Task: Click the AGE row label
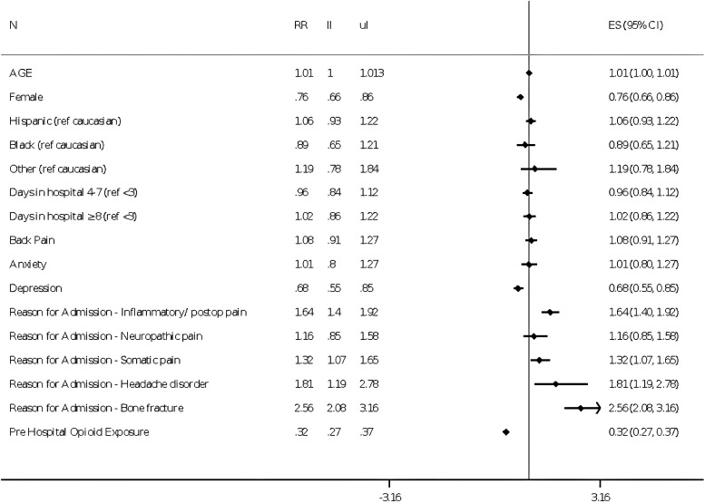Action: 21,73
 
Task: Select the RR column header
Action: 301,25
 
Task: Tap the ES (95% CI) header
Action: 635,25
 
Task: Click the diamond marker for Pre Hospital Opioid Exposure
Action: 506,432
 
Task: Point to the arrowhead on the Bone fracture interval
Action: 598,408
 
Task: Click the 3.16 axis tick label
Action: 601,498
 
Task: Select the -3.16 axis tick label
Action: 390,498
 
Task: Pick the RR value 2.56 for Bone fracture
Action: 303,408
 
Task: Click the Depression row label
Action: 35,288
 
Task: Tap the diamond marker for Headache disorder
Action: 555,384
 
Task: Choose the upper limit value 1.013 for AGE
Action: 372,73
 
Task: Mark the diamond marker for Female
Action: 520,97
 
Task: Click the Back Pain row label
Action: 32,240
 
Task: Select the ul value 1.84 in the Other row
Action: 369,169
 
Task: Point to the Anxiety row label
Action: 28,265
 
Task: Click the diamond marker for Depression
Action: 518,288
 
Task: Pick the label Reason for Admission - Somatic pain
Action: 95,360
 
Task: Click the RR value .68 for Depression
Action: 302,288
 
